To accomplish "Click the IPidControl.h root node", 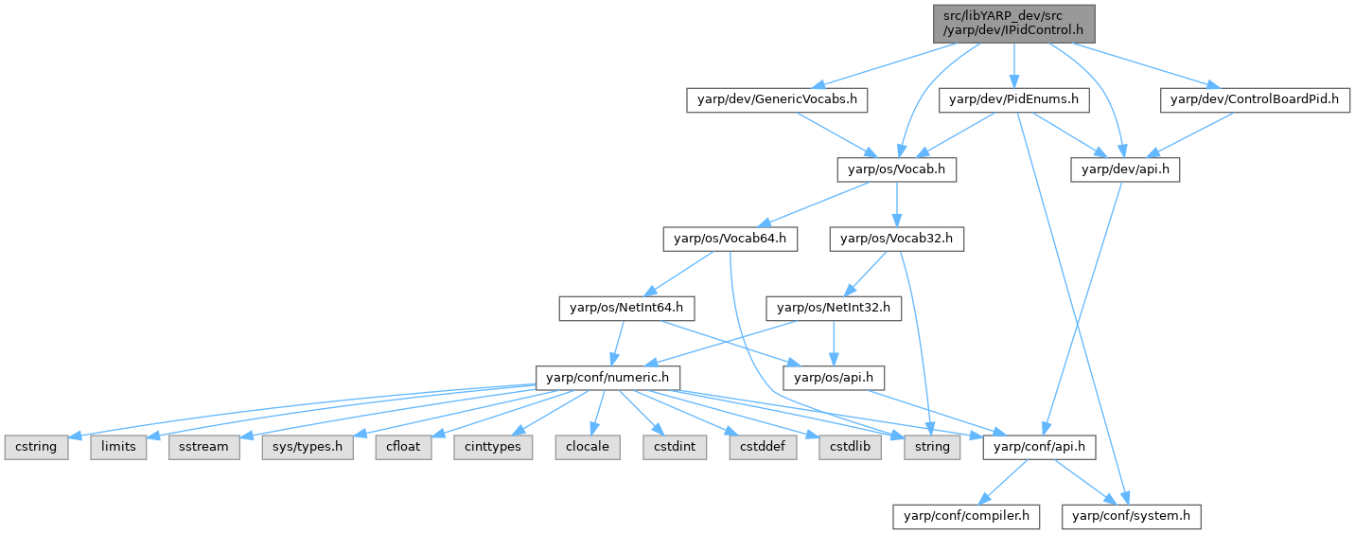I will point(1012,23).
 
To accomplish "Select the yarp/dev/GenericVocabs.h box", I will point(777,98).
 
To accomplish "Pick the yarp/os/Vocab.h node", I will point(897,169).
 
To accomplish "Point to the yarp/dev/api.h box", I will point(1125,169).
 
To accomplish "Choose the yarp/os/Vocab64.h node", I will point(730,240).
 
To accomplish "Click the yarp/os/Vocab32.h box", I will point(897,240).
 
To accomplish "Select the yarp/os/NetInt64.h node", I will point(627,308).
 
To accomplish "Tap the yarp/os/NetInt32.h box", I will point(834,308).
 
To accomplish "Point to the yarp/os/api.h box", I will point(834,378).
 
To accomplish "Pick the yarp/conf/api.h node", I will point(1040,446).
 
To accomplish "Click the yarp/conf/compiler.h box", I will point(967,516).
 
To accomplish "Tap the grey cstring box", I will point(36,446).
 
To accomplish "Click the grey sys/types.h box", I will point(308,446).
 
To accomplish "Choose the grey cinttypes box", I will point(493,446).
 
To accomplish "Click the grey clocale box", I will point(587,446).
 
